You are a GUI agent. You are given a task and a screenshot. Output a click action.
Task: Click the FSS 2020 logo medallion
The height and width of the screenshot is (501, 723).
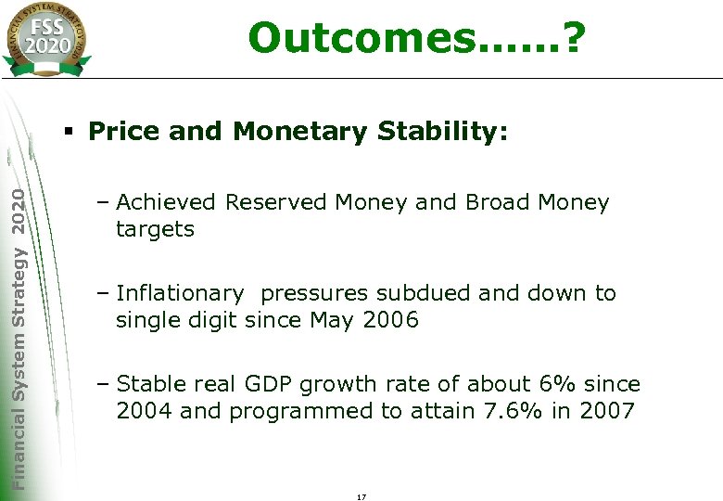pyautogui.click(x=46, y=38)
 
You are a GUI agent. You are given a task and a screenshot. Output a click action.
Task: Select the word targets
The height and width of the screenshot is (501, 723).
pyautogui.click(x=155, y=229)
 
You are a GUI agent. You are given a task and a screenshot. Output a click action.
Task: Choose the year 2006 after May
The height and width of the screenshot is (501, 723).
pyautogui.click(x=390, y=321)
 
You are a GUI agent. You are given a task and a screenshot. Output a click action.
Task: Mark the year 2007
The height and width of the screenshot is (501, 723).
pyautogui.click(x=606, y=411)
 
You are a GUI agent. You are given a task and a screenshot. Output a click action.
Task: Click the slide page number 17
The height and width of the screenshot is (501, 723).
pyautogui.click(x=361, y=497)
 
